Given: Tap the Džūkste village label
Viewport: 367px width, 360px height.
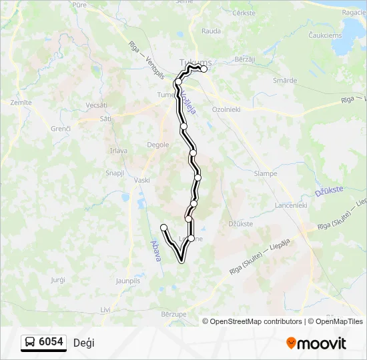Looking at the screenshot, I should (241, 224).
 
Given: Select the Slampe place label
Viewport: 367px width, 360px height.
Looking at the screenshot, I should (266, 173).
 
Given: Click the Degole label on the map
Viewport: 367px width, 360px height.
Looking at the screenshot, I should (157, 144).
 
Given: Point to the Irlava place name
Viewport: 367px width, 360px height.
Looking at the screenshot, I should (119, 151).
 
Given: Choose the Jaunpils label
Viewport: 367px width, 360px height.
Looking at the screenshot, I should (128, 281).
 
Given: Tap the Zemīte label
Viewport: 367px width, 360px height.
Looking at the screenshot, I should (21, 103).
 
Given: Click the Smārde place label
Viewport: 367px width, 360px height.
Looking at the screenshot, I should (285, 81).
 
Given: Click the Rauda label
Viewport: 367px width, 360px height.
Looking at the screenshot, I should (211, 31).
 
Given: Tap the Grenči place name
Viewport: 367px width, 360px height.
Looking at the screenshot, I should (61, 129).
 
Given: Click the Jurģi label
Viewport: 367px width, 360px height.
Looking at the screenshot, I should (58, 280).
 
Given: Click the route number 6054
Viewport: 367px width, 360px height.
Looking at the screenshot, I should (51, 342).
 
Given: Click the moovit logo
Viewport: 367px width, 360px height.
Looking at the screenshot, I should (316, 343).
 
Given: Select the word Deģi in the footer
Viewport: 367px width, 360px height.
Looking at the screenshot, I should (83, 343).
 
